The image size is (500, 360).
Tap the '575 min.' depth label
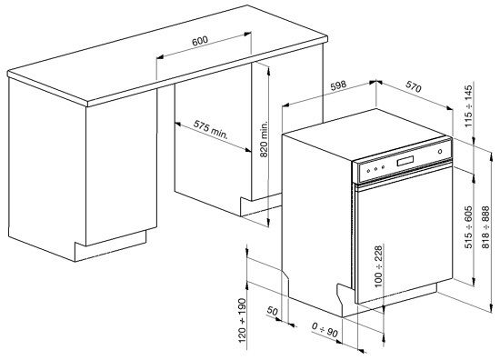click(210, 128)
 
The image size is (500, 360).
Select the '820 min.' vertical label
click(264, 140)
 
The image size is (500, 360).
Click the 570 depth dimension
click(414, 90)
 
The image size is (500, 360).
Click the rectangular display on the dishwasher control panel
click(403, 164)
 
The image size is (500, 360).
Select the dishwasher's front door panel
click(400, 245)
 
